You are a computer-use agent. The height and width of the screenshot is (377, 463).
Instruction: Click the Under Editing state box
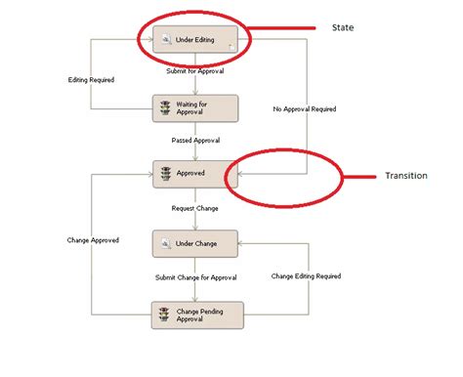(196, 39)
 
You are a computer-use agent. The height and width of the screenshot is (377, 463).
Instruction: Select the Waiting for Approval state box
(196, 107)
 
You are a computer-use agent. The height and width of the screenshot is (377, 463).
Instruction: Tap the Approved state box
(196, 174)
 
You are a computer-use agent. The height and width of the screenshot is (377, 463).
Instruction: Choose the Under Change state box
(196, 242)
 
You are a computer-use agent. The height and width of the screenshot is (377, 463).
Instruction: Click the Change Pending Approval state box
(196, 314)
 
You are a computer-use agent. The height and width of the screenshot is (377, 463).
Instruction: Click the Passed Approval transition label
(196, 141)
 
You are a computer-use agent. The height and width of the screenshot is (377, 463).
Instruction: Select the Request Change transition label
(196, 208)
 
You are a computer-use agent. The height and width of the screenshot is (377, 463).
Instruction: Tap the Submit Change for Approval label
(195, 277)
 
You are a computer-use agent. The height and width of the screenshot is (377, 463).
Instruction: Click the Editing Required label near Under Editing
(92, 79)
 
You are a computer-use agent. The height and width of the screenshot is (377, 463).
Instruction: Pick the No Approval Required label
(305, 108)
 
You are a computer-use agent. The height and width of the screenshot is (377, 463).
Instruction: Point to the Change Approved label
(93, 239)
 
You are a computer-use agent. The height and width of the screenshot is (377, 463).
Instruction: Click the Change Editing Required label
(306, 276)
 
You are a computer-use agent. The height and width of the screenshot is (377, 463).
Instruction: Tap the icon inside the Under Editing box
(166, 39)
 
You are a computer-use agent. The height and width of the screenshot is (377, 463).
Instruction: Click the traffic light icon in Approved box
(165, 174)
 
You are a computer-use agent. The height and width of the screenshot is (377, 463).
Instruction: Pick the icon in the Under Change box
(166, 242)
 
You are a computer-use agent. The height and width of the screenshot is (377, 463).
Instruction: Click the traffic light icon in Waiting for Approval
(165, 107)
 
